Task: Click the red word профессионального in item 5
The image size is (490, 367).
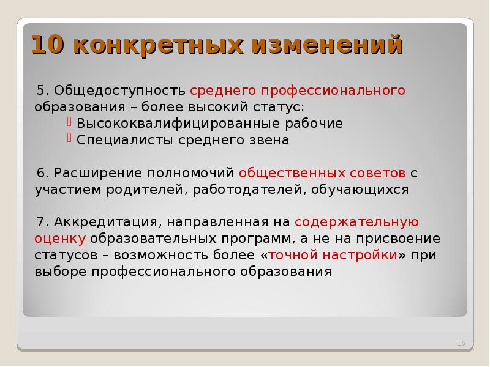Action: point(333,91)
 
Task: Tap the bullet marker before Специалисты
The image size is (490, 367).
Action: point(70,139)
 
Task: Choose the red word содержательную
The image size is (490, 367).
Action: point(356,222)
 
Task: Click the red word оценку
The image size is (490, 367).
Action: point(59,239)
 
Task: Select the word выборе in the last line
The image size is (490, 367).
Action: point(60,272)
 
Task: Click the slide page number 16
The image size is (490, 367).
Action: point(461,344)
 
